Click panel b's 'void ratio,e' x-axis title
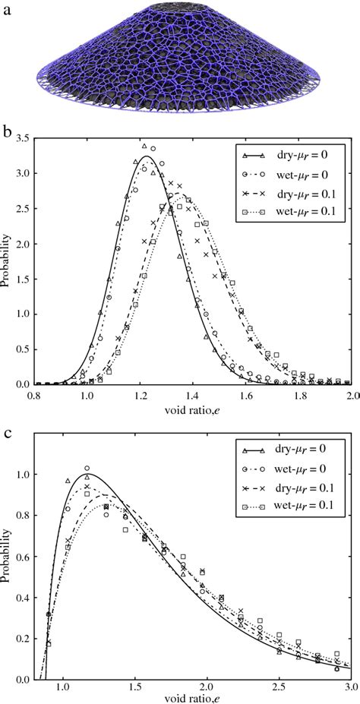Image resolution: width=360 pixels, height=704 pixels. click(193, 410)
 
